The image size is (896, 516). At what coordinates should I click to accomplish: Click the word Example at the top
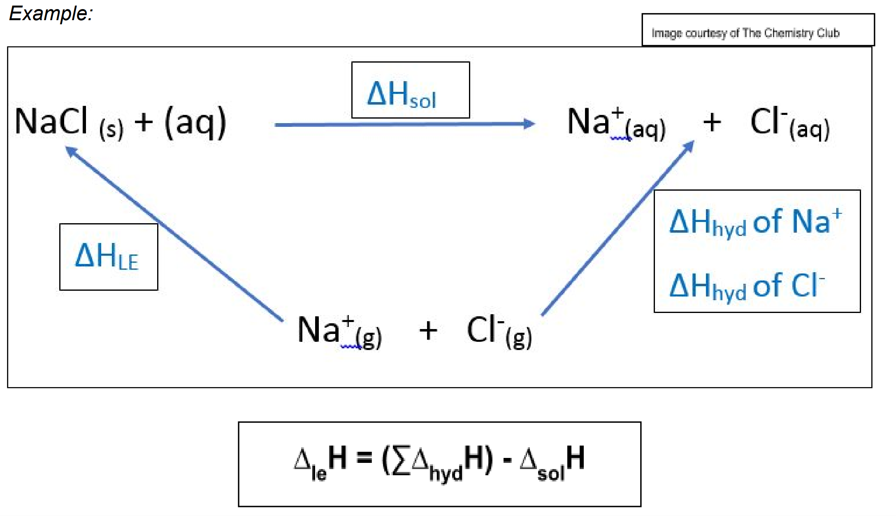[x=50, y=13]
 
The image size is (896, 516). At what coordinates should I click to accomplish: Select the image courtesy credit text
[x=745, y=33]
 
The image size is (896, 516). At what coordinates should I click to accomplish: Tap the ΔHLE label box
[x=108, y=257]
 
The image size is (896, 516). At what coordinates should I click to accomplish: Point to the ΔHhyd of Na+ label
[x=755, y=222]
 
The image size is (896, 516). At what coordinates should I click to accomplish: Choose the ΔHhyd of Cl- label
[x=747, y=286]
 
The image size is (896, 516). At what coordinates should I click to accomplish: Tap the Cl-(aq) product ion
[x=789, y=123]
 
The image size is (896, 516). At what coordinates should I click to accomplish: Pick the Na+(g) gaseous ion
[x=339, y=332]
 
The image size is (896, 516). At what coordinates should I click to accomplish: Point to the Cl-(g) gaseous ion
[x=499, y=332]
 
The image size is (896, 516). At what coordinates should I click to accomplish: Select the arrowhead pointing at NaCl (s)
[x=71, y=151]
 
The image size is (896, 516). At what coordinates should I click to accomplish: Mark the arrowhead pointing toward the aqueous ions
[x=689, y=146]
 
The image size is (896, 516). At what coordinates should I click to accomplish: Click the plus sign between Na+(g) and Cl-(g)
[x=428, y=331]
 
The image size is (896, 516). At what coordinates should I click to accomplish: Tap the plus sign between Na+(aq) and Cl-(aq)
[x=712, y=122]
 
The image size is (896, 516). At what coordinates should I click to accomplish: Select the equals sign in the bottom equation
[x=364, y=457]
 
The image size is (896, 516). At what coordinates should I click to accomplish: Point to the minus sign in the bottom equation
[x=507, y=460]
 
